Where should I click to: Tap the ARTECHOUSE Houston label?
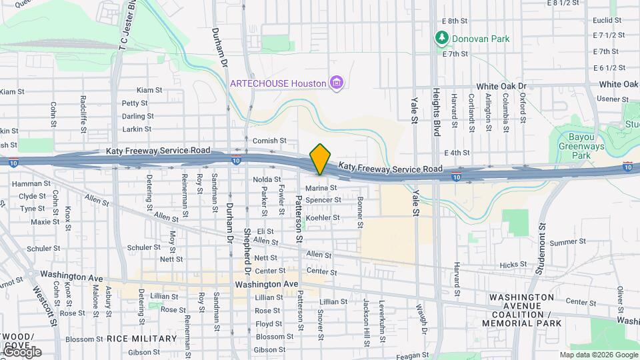coord(277,83)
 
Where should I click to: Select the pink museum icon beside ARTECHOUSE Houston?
coord(337,83)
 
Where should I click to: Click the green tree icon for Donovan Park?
coord(440,39)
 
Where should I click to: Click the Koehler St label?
coord(323,217)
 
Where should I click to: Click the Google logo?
coord(21,352)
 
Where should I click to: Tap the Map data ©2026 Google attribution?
coord(598,355)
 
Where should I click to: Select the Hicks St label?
coord(513,265)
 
